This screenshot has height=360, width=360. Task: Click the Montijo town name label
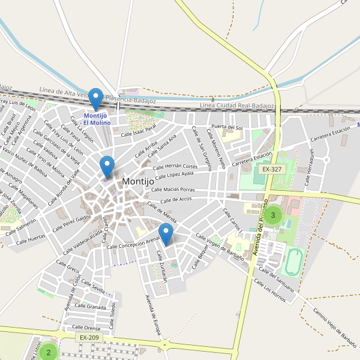pyautogui.click(x=140, y=181)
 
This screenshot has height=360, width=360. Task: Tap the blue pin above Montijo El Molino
pyautogui.click(x=95, y=98)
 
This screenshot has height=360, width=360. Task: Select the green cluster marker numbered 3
pyautogui.click(x=273, y=215)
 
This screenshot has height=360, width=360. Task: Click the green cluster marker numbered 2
pyautogui.click(x=49, y=352)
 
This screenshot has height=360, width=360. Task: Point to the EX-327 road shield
pyautogui.click(x=272, y=169)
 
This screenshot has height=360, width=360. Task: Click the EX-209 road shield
pyautogui.click(x=89, y=338)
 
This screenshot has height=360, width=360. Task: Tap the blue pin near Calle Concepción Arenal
pyautogui.click(x=166, y=233)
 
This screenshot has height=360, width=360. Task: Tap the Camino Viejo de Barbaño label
pyautogui.click(x=335, y=328)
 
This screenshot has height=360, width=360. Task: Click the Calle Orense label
pyautogui.click(x=86, y=328)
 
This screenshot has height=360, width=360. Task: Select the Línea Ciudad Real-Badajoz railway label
pyautogui.click(x=236, y=106)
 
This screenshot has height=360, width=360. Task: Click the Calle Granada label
pyautogui.click(x=92, y=307)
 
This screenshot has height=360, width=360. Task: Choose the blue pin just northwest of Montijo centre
pyautogui.click(x=107, y=166)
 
